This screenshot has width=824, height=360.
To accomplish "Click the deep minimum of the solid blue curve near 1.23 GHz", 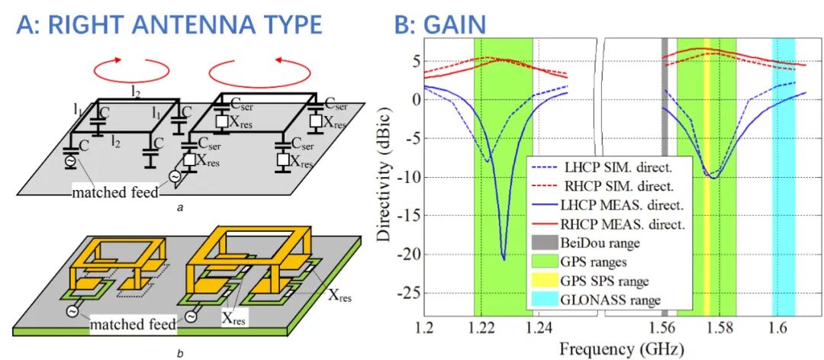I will tap(504, 259).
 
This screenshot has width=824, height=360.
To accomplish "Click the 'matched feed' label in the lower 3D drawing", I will tap(132, 326).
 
